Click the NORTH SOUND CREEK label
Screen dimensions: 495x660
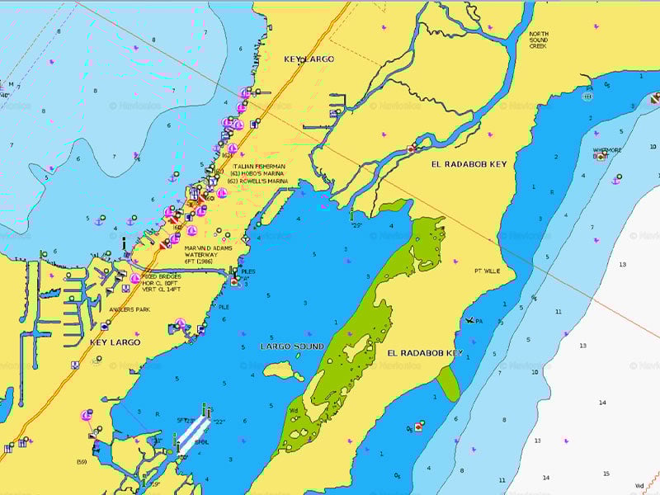(x=539, y=40)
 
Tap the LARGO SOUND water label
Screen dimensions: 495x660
(x=292, y=346)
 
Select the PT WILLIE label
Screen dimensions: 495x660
(x=487, y=271)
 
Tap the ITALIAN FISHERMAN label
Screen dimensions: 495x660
(x=258, y=166)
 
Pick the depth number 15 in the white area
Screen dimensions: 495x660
(x=606, y=474)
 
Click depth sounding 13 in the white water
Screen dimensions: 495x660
(x=622, y=265)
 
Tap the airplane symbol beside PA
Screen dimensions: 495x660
(x=469, y=320)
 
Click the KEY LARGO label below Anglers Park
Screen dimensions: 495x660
(x=115, y=342)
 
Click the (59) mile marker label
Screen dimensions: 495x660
(x=82, y=460)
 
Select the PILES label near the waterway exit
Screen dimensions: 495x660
(x=247, y=270)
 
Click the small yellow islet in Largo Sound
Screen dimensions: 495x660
(x=283, y=370)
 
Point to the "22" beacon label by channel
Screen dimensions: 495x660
(x=219, y=422)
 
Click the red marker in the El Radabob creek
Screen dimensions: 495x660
(x=411, y=149)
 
